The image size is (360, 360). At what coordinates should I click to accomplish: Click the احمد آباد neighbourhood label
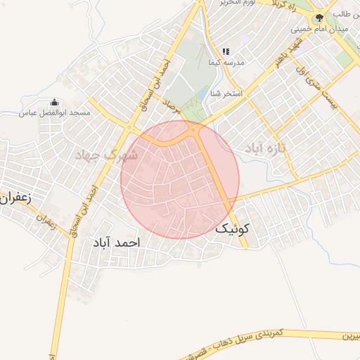click(116, 242)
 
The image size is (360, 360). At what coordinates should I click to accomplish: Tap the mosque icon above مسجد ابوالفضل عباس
click(56, 103)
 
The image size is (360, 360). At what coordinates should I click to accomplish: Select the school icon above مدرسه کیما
click(226, 51)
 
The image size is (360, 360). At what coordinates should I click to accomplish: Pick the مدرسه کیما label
click(226, 63)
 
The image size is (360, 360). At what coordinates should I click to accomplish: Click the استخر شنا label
click(228, 93)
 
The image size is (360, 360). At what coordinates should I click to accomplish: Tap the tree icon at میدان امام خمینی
click(319, 18)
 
